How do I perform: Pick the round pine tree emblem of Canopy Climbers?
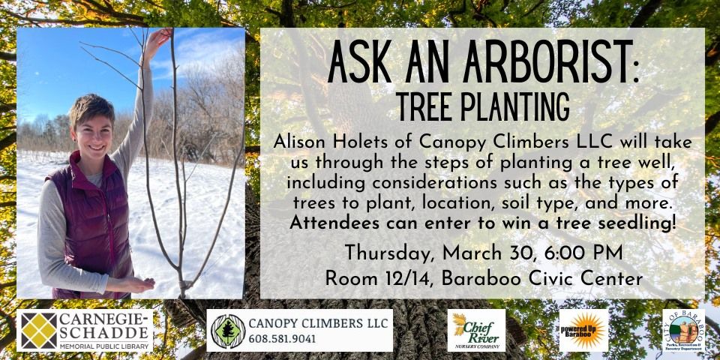(x=227, y=331)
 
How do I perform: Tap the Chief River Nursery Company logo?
(x=476, y=331)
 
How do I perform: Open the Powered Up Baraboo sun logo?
(x=583, y=331)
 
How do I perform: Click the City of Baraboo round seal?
(x=682, y=331)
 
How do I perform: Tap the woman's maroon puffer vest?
(x=82, y=217)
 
